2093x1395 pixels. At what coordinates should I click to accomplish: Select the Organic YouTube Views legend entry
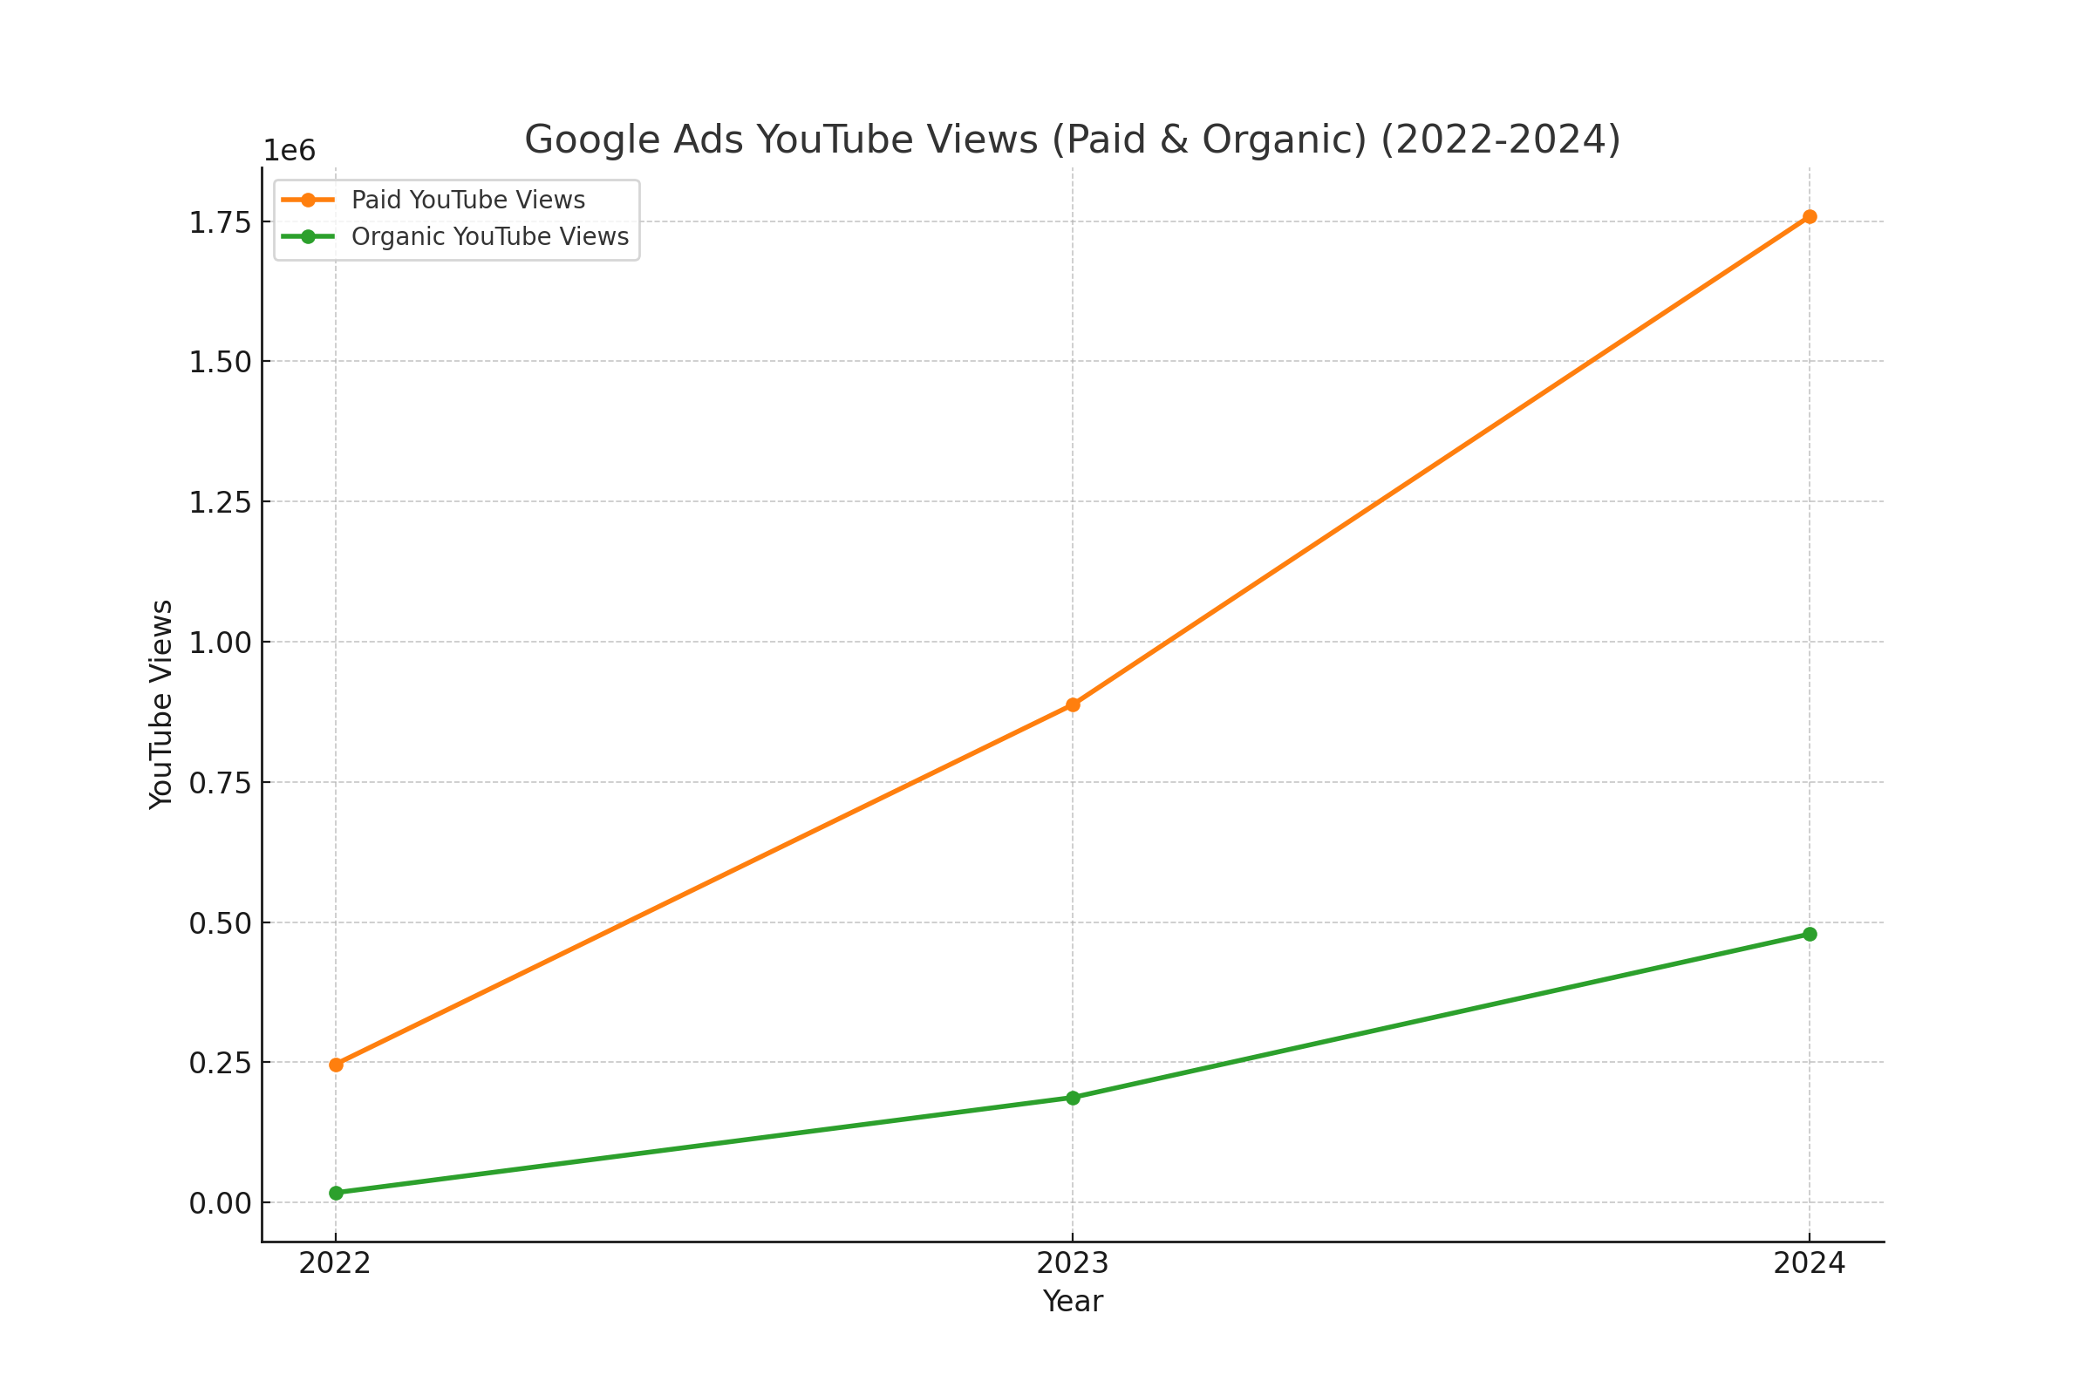[489, 236]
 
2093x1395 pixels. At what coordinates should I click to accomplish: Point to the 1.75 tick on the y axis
[220, 222]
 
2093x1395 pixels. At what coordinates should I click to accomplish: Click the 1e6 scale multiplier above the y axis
[290, 151]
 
